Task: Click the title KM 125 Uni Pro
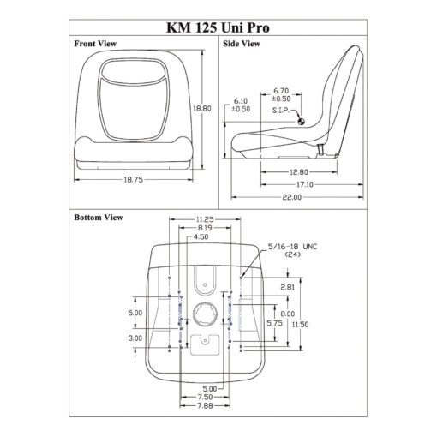point(218,28)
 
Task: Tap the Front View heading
point(95,44)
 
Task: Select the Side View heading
point(242,44)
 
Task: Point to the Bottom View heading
point(99,218)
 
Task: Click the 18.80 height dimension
point(202,109)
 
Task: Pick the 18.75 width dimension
point(134,180)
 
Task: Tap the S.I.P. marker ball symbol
point(301,122)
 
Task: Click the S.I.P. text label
point(281,111)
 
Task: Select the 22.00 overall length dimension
point(292,197)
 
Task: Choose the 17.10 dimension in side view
point(305,184)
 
